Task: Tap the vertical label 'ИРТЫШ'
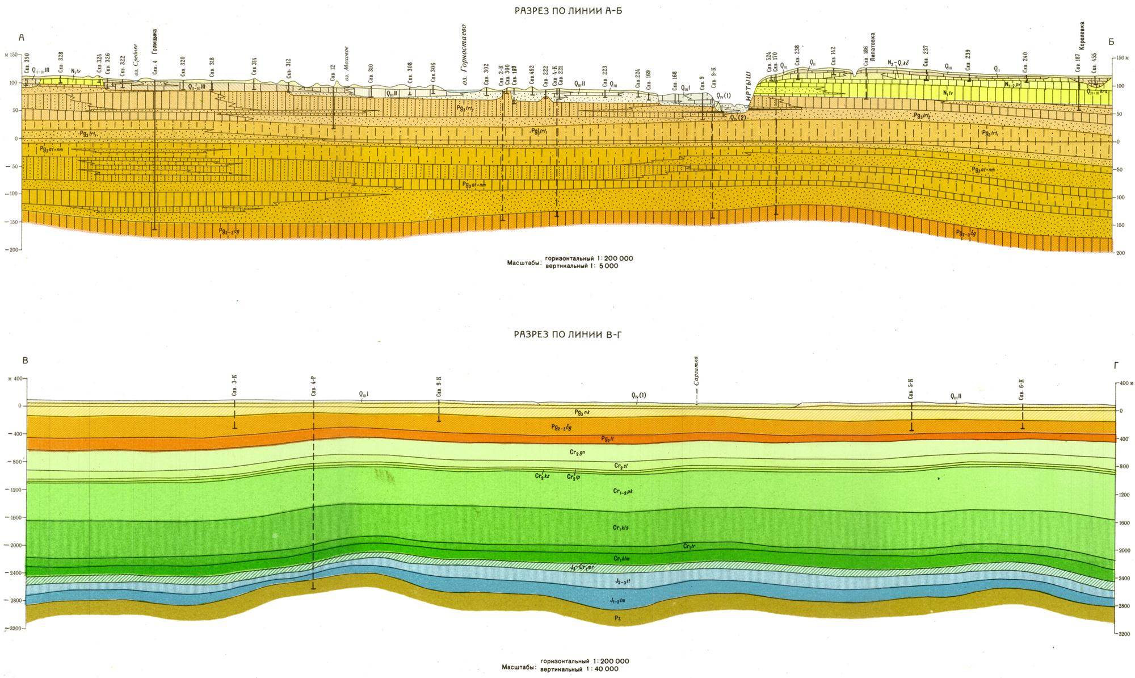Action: point(748,83)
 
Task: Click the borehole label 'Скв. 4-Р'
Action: point(313,386)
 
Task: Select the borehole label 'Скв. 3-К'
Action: point(235,386)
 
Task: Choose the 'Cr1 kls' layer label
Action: point(621,528)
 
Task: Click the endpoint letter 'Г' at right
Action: point(1117,366)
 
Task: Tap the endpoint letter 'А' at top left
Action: point(22,38)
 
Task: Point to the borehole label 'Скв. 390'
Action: point(27,64)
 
